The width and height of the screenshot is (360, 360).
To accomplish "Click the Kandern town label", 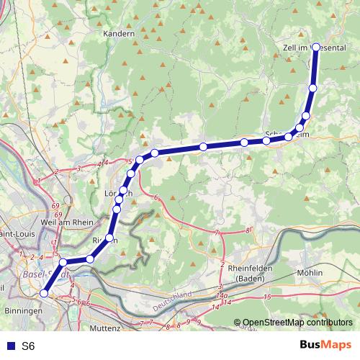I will pos(120,34).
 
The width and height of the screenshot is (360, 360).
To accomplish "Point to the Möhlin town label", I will pos(310,274).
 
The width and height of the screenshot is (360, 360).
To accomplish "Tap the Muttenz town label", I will pos(106,328).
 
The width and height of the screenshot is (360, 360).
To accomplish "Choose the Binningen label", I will pos(22,311).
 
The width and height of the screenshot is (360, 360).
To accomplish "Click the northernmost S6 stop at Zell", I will pos(315,48).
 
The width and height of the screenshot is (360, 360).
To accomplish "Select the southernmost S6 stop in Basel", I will pos(44,294).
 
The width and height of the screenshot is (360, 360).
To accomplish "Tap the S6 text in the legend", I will pos(27,346).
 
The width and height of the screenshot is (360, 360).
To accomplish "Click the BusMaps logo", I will pos(325,345).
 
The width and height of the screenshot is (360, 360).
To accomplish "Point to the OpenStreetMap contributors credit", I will pos(297,322).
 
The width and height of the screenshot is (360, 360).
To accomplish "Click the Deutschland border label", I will pos(172,296).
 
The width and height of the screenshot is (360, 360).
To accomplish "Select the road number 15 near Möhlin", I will pos(267,297).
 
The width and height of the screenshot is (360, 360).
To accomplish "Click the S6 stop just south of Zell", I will pos(312,88).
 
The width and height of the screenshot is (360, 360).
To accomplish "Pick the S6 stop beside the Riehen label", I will pos(110,238).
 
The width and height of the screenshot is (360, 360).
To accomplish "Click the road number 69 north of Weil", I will pos(56,207).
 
